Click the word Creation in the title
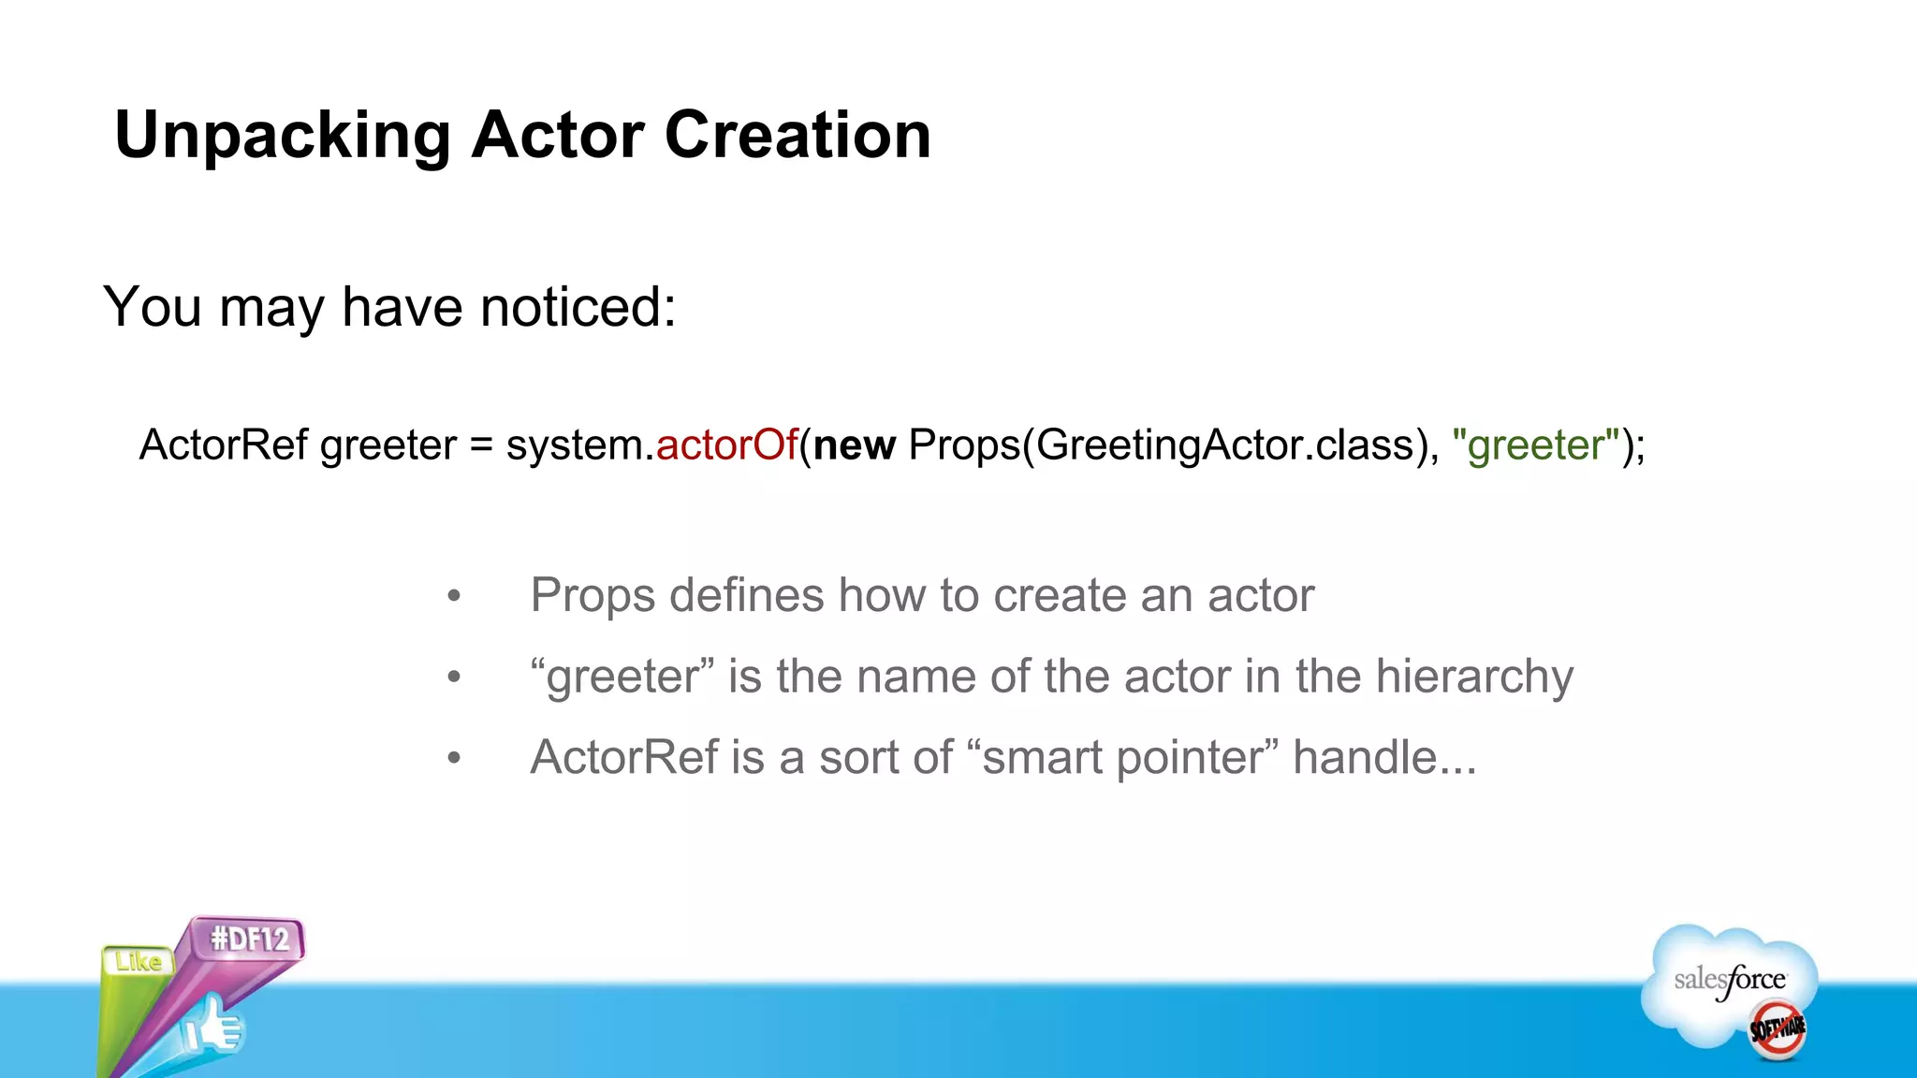click(798, 136)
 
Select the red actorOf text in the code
click(726, 444)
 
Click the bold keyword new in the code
click(854, 445)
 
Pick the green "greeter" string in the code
click(1535, 445)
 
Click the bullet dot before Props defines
click(454, 596)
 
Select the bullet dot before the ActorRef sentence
click(454, 758)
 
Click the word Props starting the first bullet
click(592, 596)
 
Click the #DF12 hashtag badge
click(249, 939)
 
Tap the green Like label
click(139, 962)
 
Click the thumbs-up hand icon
click(213, 1027)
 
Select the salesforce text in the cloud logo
click(1729, 980)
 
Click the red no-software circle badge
click(1777, 1029)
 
